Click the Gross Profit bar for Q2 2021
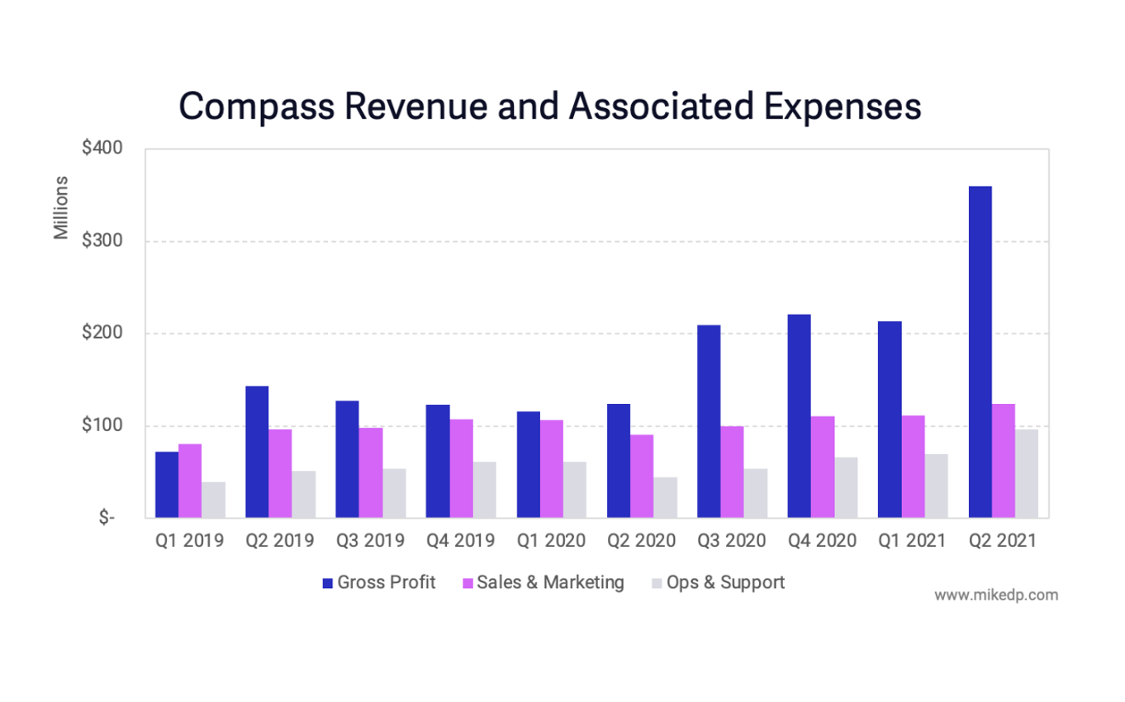tap(980, 352)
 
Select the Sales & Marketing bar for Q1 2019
tap(190, 481)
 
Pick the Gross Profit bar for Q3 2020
tap(708, 421)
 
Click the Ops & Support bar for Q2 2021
tap(1027, 473)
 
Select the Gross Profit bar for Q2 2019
tap(257, 452)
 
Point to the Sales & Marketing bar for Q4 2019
tap(461, 468)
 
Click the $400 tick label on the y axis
tap(102, 149)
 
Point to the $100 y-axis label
tap(102, 426)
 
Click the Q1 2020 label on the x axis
tap(551, 541)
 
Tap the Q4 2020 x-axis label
tap(822, 541)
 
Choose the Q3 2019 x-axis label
tap(370, 541)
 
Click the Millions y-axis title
tap(61, 208)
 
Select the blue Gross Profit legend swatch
tap(327, 583)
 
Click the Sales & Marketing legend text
tap(551, 582)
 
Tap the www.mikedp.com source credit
tap(996, 595)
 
